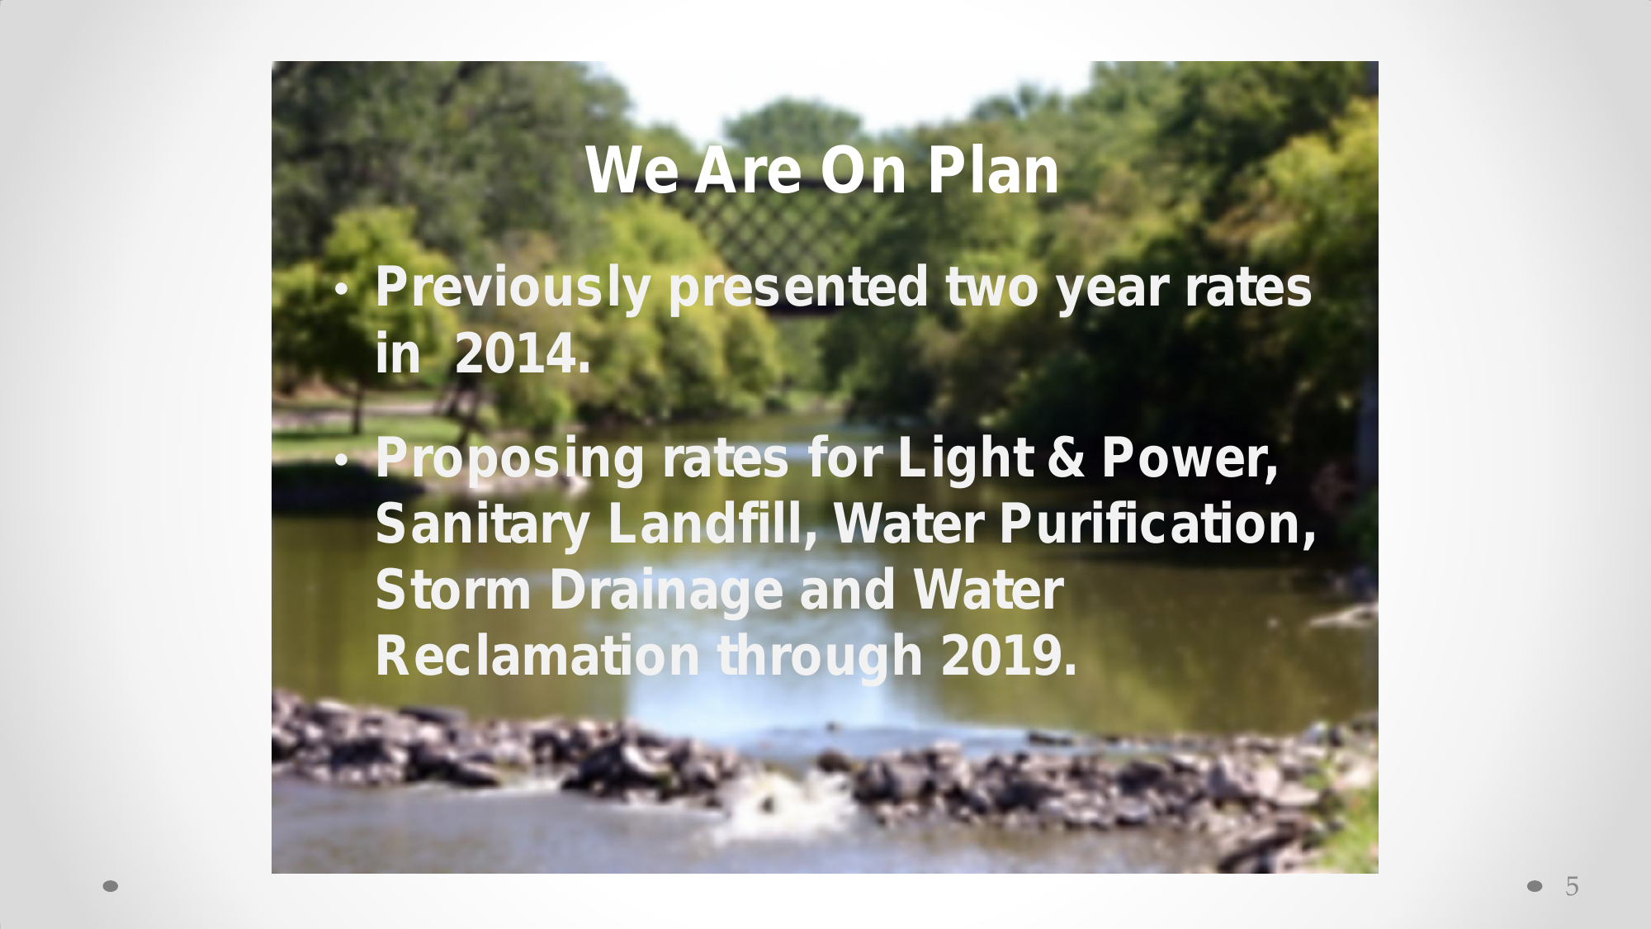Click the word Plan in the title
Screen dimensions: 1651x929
tap(993, 171)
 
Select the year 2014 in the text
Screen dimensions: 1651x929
tap(523, 353)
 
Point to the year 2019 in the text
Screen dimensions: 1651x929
tap(1009, 656)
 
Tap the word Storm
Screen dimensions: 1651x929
tap(453, 590)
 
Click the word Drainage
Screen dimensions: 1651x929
tap(666, 591)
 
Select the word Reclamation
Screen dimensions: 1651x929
tap(538, 656)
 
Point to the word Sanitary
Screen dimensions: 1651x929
tap(483, 526)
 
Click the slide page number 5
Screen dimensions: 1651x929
tap(1572, 886)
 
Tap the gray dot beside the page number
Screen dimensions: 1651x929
tap(1535, 886)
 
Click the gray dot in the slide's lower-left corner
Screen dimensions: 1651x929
tap(110, 886)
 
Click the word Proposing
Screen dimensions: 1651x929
tap(510, 459)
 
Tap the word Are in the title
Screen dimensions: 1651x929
tap(748, 171)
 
